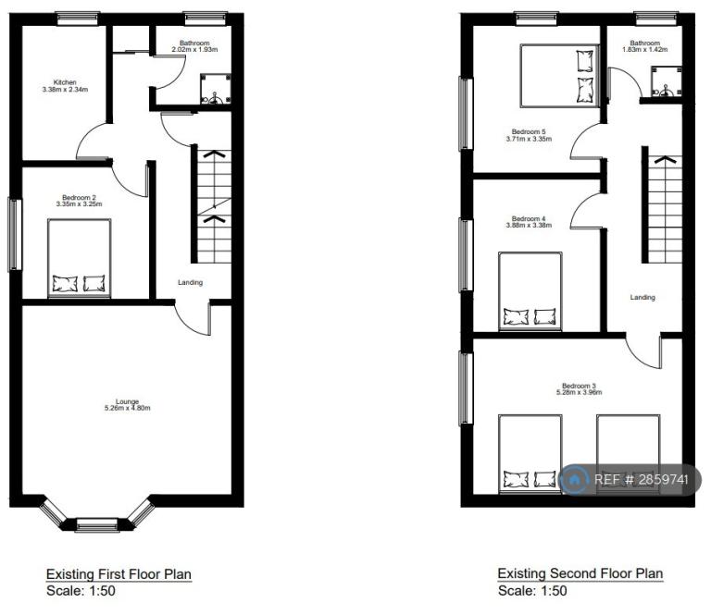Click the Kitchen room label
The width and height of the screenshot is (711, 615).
pos(65,82)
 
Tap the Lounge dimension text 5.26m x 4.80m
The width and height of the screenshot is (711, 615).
pos(128,408)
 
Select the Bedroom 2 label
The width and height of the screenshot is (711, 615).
pos(79,198)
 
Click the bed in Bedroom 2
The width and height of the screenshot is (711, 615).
pos(80,259)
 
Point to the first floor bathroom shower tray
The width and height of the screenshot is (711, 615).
pos(216,89)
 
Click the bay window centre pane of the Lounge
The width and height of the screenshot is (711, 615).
pos(96,524)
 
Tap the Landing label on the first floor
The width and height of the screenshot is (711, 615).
pos(190,283)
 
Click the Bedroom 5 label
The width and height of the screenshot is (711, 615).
pos(529,131)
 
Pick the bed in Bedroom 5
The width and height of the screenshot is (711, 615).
pos(559,76)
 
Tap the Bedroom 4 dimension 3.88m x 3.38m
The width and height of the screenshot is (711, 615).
pos(529,225)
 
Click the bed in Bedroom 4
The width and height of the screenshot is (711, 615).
pos(530,291)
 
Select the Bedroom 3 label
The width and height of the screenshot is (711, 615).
pos(579,386)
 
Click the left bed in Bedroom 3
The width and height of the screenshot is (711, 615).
pos(530,454)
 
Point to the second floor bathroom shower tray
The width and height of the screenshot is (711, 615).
pos(667,81)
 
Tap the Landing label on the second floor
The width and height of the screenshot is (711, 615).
pos(642,298)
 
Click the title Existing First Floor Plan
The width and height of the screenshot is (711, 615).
pos(118,574)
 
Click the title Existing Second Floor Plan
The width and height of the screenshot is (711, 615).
pos(580,573)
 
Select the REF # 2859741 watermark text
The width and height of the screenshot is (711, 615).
pos(642,480)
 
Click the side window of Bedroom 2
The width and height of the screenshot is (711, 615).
pos(15,235)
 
